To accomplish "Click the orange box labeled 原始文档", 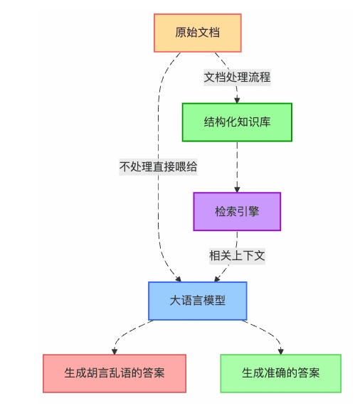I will tap(198, 33).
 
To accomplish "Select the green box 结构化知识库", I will tap(237, 122).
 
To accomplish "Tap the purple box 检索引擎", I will tap(237, 211).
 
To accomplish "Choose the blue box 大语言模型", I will tap(197, 301).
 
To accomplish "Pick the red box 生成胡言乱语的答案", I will tap(115, 373).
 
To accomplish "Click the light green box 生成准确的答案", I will tap(280, 373).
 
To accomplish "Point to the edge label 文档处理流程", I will tap(237, 77).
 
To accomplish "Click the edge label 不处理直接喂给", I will tap(158, 167).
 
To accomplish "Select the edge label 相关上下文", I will tap(237, 256).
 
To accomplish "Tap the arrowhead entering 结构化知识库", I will tap(237, 100).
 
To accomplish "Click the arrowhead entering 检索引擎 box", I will tap(237, 188).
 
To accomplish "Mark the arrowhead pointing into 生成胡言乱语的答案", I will tap(115, 350).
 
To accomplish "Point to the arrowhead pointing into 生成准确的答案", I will tap(280, 350).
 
